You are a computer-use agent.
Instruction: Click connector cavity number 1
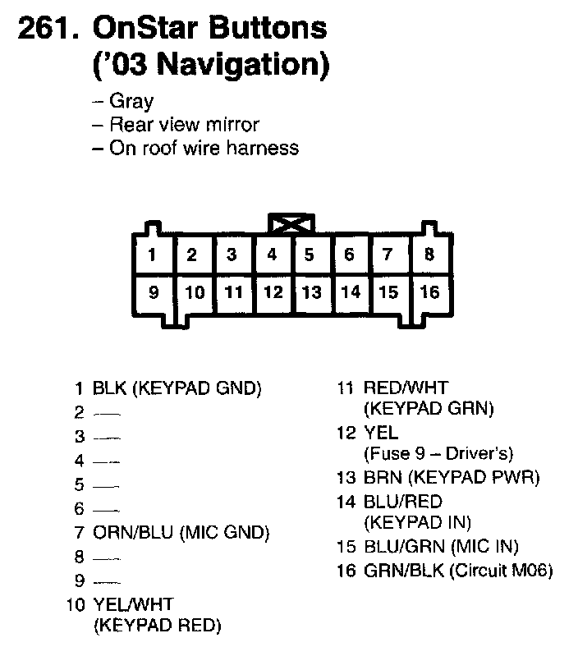[152, 255]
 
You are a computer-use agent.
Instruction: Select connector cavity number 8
[429, 255]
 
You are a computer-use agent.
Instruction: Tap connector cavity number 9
[153, 291]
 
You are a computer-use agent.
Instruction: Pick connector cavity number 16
[429, 291]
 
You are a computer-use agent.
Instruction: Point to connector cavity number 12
[273, 291]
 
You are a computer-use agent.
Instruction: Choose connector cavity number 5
[310, 255]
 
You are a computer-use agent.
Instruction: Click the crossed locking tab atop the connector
[291, 223]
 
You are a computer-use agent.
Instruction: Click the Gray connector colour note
[131, 102]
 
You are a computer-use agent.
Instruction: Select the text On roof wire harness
[204, 148]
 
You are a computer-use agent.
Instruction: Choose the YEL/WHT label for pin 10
[133, 605]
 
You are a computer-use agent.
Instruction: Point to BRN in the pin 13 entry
[378, 477]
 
